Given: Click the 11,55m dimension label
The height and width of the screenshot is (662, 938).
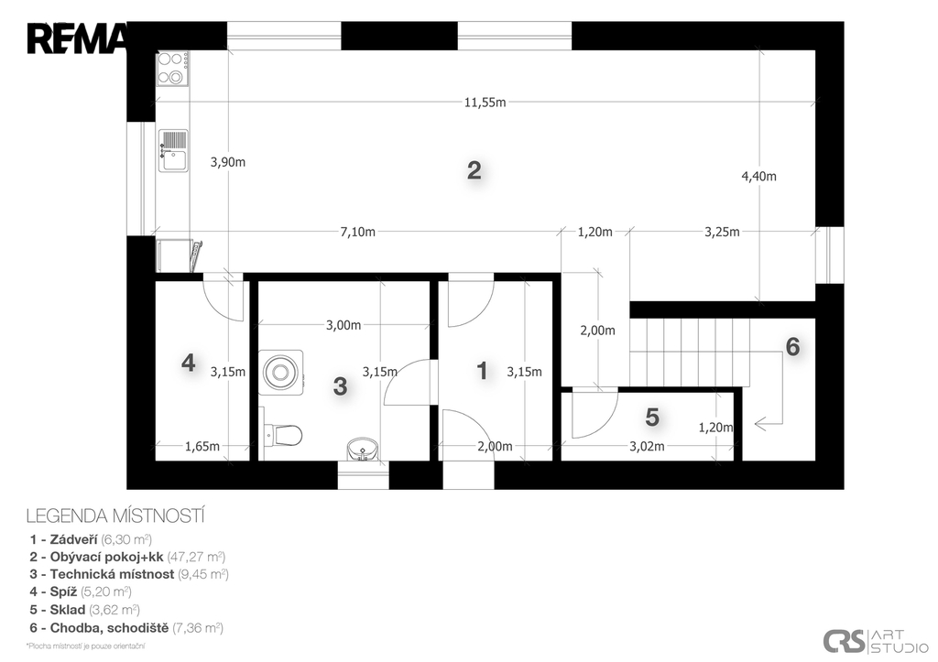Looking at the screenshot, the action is coord(485,103).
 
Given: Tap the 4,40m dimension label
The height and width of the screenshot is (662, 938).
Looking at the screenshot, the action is coord(758,176).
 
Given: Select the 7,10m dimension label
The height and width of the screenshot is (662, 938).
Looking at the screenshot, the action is coord(358,232).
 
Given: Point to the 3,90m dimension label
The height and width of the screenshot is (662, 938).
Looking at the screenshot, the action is coord(228,162).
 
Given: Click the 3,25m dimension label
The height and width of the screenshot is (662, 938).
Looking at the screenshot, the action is coord(722,232).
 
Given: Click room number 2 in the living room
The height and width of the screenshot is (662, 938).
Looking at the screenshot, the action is coord(474,170).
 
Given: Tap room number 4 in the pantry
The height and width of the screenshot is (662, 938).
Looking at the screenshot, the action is coord(188,363).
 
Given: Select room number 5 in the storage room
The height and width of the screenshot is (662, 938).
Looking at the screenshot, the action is coord(652,417).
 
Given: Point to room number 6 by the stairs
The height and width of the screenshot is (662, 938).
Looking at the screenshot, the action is coord(792,346).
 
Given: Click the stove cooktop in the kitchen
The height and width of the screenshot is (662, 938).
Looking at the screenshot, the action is coord(173,68).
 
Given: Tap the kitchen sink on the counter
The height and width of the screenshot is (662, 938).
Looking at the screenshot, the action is coord(173,151).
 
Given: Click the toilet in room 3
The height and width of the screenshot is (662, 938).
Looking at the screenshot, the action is coord(282,435).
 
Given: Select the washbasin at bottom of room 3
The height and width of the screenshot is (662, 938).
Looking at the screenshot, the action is coord(363,449).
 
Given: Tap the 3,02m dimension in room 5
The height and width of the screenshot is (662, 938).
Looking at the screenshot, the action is coord(647,446).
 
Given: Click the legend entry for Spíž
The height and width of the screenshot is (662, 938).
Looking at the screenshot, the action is coord(81,591).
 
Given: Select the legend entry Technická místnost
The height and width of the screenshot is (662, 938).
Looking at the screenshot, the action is coord(129,574).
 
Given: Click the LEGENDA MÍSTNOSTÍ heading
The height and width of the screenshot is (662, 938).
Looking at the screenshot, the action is coord(115,515).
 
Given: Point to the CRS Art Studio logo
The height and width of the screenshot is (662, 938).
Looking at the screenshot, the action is coord(876,641).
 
